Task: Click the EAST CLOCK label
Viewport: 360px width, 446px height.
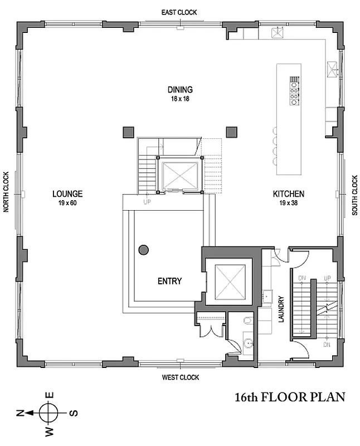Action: point(179,12)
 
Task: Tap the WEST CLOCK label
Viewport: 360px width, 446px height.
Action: point(180,377)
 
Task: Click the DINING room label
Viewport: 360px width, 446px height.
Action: point(180,89)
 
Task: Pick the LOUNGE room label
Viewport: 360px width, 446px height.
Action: point(67,194)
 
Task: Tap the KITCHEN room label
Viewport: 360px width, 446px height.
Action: point(288,194)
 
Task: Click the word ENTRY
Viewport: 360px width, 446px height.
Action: point(169,281)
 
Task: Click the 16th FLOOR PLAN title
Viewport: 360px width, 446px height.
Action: point(290,397)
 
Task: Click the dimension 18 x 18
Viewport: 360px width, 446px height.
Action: point(180,98)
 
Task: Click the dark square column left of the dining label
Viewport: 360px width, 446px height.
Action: point(127,132)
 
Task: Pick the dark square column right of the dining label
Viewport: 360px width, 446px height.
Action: point(231,132)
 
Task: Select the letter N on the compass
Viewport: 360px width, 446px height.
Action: point(20,413)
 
